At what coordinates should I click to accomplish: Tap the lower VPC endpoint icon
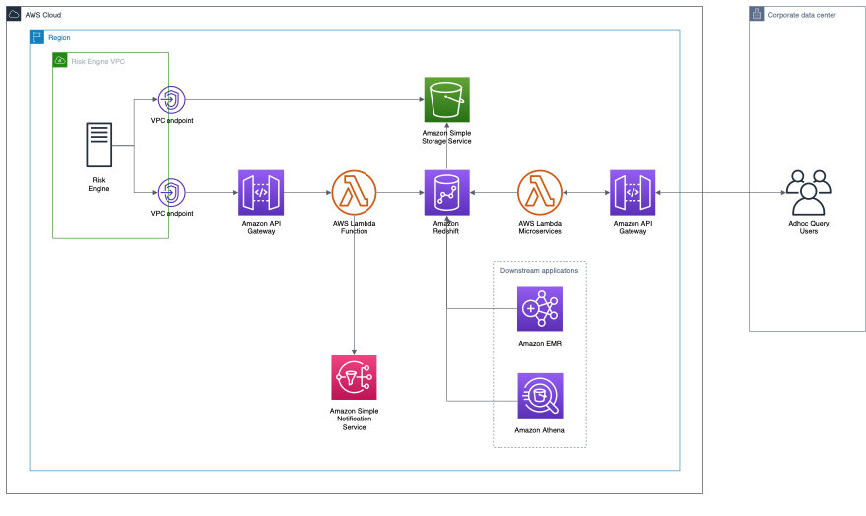(171, 193)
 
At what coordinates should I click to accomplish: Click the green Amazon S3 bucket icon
(446, 99)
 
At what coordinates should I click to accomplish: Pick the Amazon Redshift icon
(446, 193)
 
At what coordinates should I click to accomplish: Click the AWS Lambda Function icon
(355, 193)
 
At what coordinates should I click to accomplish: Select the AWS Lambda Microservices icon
(539, 193)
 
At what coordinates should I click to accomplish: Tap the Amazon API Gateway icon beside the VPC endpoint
(261, 193)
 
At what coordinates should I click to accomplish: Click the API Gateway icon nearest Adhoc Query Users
(633, 193)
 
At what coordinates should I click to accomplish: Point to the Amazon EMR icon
(540, 309)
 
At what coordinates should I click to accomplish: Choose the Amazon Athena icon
(540, 396)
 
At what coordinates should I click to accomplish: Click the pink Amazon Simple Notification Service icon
(355, 378)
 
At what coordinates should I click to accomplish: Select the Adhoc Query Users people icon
(809, 192)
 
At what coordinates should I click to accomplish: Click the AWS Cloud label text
(45, 15)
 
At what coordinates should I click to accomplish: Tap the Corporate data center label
(801, 15)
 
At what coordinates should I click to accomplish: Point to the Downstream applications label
(539, 270)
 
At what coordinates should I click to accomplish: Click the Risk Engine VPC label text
(99, 61)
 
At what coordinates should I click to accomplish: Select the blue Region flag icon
(37, 37)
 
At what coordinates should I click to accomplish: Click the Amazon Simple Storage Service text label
(446, 137)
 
